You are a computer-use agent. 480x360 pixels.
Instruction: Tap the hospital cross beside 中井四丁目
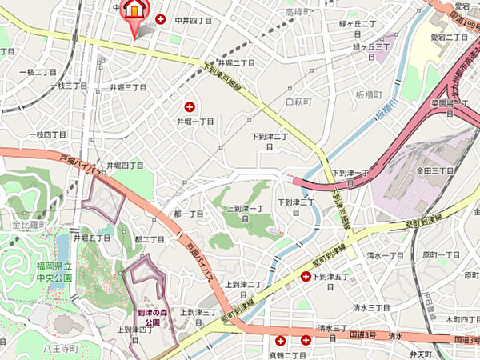(x=161, y=19)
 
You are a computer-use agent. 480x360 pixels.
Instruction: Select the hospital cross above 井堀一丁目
(x=190, y=106)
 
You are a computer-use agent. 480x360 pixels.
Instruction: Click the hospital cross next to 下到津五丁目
(x=306, y=277)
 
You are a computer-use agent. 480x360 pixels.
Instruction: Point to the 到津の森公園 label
(x=149, y=318)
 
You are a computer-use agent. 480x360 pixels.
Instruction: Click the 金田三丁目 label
(x=434, y=171)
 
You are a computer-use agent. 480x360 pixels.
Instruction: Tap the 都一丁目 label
(x=189, y=214)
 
